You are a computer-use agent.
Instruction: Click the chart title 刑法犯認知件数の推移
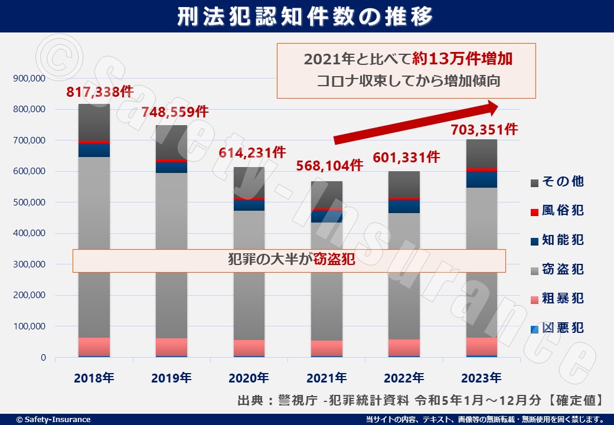306,16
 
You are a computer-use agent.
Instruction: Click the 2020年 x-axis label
249,377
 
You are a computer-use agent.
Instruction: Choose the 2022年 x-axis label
405,377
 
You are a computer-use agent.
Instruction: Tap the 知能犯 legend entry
558,240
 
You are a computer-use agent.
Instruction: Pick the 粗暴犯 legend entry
558,298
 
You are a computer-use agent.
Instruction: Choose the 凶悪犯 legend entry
558,328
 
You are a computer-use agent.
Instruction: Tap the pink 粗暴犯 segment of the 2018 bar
94,346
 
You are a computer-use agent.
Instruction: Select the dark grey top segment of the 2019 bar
171,142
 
